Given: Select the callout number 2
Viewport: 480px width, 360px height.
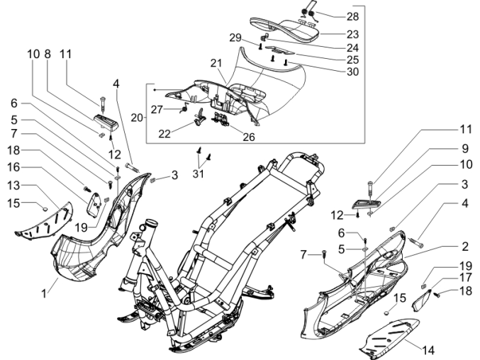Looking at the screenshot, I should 464,247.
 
